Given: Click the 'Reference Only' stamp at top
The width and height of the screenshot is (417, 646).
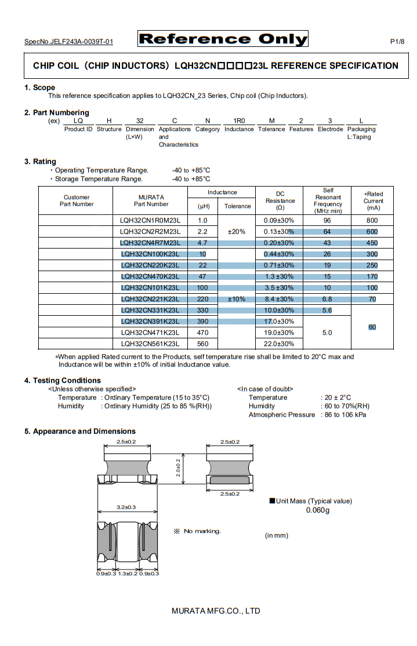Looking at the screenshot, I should point(223,39).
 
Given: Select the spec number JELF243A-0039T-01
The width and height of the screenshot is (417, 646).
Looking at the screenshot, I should point(68,42).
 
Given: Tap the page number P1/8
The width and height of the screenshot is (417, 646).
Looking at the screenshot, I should point(397,42).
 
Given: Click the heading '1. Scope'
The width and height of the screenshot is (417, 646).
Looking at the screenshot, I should point(39,87).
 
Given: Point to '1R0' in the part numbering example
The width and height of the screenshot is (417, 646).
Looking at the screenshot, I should point(239,121).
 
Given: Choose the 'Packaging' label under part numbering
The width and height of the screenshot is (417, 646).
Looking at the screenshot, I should point(361,129).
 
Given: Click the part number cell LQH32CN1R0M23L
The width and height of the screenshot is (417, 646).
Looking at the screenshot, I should point(151,220).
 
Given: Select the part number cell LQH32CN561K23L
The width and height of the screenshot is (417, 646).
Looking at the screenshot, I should point(151,344).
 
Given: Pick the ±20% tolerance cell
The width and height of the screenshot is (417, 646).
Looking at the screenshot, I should point(237,231).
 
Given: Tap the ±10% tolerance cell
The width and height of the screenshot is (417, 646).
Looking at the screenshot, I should point(237,299).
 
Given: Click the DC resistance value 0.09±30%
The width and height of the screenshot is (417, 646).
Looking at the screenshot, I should point(279,220).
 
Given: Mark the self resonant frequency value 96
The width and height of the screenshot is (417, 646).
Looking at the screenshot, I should point(327,220).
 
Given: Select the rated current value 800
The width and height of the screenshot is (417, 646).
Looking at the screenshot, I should point(372,220).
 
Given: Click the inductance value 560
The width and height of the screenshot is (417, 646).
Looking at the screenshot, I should point(202,344).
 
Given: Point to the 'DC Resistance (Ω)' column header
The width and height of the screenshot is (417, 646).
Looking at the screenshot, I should point(280,200).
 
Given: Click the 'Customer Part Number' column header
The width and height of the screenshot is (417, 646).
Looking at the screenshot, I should point(77,200).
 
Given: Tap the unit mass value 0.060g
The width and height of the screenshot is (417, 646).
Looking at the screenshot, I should point(317,510).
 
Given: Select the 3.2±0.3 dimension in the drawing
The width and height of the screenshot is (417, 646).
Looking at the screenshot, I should point(126,508).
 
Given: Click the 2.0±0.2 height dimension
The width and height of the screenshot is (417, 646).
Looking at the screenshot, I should point(179,468).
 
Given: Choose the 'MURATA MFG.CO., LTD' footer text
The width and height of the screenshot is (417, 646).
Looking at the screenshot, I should point(216,611).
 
